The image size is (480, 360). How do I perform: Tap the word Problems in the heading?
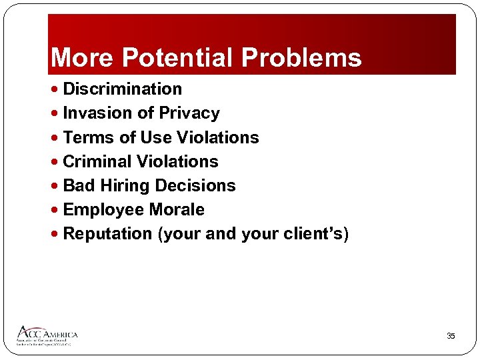pyautogui.click(x=301, y=58)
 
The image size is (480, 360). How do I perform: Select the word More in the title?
pyautogui.click(x=82, y=58)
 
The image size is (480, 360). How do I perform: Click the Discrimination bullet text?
pyautogui.click(x=122, y=89)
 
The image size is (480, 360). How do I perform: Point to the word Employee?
pyautogui.click(x=104, y=209)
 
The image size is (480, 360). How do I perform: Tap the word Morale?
pyautogui.click(x=177, y=209)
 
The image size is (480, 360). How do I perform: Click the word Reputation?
pyautogui.click(x=107, y=234)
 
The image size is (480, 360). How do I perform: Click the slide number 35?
pyautogui.click(x=451, y=336)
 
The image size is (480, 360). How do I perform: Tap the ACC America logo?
pyautogui.click(x=47, y=335)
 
